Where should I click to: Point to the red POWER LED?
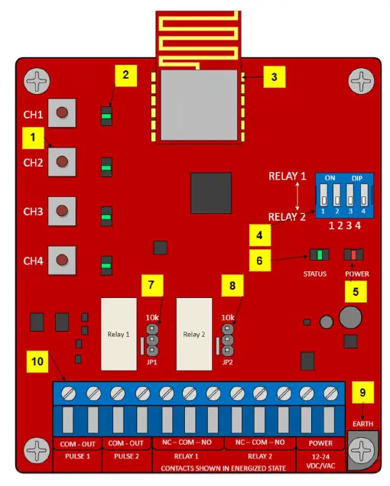pos(353,254)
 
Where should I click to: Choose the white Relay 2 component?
pos(194,333)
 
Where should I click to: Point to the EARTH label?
pos(362,421)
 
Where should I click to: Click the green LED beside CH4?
pos(107,266)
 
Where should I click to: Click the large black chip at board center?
pos(210,193)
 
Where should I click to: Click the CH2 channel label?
pos(33,163)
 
